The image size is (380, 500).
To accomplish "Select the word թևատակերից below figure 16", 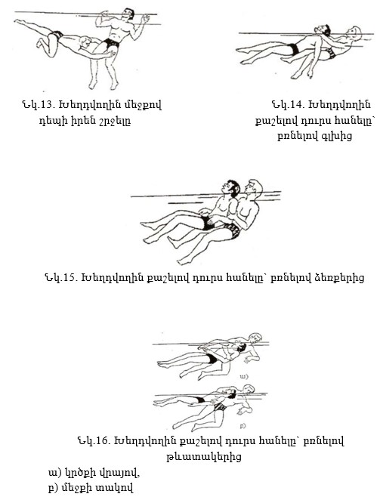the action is pyautogui.click(x=203, y=457).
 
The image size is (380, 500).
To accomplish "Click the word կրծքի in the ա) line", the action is pyautogui.click(x=79, y=473).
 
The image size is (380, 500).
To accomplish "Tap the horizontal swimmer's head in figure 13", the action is pyautogui.click(x=85, y=42).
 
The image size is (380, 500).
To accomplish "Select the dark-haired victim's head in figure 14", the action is pyautogui.click(x=323, y=30).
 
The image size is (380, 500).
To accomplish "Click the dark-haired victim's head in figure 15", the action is pyautogui.click(x=232, y=188).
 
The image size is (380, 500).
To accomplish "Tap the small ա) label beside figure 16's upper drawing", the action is pyautogui.click(x=244, y=377).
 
